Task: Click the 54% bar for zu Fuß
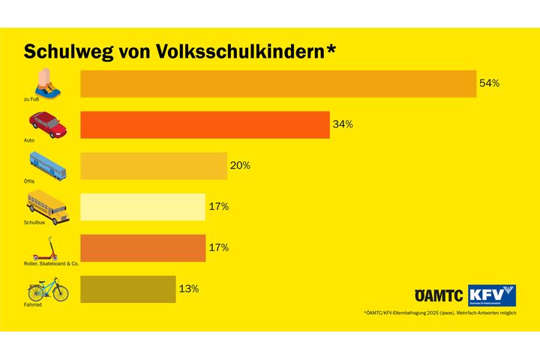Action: click(277, 84)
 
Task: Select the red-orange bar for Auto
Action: click(205, 124)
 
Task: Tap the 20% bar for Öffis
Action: click(153, 166)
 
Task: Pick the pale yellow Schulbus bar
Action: click(142, 207)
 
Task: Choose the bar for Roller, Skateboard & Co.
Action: click(142, 248)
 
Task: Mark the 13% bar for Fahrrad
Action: click(127, 289)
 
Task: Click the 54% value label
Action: click(489, 83)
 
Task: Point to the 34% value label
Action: click(343, 124)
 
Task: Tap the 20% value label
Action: click(240, 166)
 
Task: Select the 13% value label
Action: click(188, 289)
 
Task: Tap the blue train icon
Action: click(47, 164)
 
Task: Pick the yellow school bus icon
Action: click(47, 205)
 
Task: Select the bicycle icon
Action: click(47, 289)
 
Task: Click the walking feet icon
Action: click(47, 82)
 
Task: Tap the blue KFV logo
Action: click(492, 295)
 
